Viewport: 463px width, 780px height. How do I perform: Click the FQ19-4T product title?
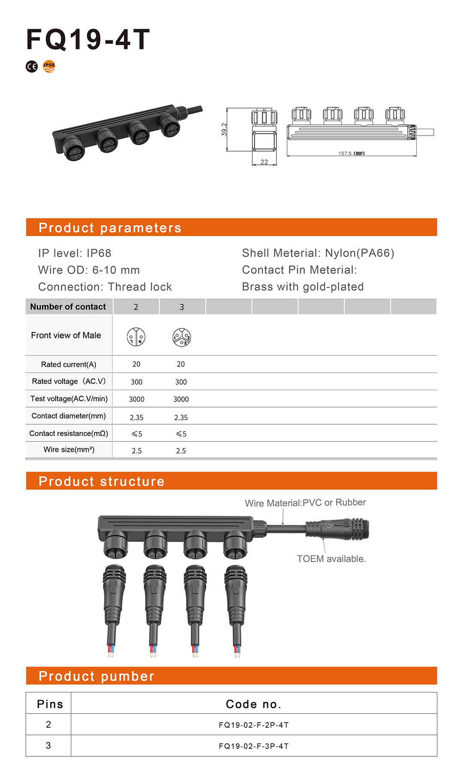pyautogui.click(x=88, y=40)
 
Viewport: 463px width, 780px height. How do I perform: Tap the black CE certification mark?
pyautogui.click(x=32, y=67)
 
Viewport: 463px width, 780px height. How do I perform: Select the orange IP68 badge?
pyautogui.click(x=49, y=66)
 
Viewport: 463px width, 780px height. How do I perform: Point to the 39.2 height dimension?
pyautogui.click(x=224, y=130)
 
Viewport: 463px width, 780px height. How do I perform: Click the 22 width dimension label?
pyautogui.click(x=264, y=162)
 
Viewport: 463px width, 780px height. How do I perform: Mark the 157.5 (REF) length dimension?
pyautogui.click(x=351, y=153)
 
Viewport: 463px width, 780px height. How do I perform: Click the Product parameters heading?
pyautogui.click(x=110, y=228)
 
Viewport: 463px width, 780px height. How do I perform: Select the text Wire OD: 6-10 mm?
pyautogui.click(x=89, y=270)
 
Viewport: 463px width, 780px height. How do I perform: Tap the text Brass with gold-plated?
pyautogui.click(x=303, y=287)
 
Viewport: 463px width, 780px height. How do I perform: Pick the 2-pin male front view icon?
pyautogui.click(x=136, y=337)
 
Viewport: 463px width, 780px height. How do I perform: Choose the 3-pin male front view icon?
pyautogui.click(x=181, y=337)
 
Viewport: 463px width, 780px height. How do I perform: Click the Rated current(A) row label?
pyautogui.click(x=69, y=364)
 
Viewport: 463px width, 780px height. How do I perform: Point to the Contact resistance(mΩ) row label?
pyautogui.click(x=69, y=433)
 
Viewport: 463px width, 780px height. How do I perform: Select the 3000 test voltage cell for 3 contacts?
pyautogui.click(x=181, y=399)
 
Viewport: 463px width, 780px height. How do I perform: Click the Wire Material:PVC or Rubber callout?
pyautogui.click(x=305, y=502)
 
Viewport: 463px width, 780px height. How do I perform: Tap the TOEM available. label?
pyautogui.click(x=331, y=559)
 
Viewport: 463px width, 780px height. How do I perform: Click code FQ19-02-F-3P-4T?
pyautogui.click(x=254, y=746)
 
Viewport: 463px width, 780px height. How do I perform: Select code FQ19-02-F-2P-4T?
pyautogui.click(x=254, y=725)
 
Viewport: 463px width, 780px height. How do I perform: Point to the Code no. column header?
pyautogui.click(x=253, y=704)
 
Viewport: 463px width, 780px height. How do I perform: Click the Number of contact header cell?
pyautogui.click(x=68, y=307)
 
